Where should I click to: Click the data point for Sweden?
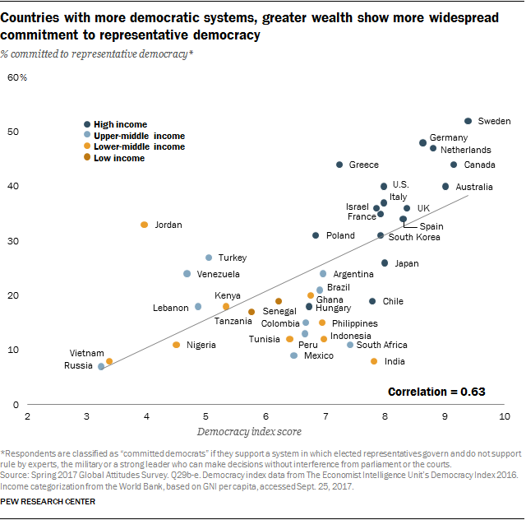coord(468,121)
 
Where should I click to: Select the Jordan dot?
coord(145,225)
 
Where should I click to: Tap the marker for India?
coord(374,361)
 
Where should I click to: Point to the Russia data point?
coord(101,366)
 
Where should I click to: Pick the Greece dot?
coord(339,165)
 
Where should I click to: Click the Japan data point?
coord(385,263)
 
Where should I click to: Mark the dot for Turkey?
coord(209,258)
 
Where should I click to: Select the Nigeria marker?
coord(176,345)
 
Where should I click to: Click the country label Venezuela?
coord(219,273)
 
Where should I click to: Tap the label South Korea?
coord(413,237)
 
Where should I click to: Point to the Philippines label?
coord(354,323)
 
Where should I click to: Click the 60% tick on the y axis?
coord(17,77)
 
